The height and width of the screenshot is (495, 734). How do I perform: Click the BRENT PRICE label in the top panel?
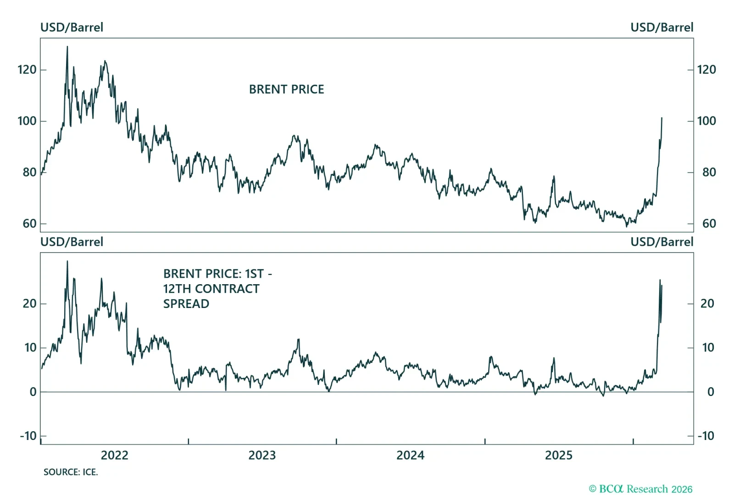click(x=286, y=89)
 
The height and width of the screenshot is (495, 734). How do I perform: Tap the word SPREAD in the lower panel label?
click(x=186, y=304)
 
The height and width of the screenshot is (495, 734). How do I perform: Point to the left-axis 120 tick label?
click(x=27, y=70)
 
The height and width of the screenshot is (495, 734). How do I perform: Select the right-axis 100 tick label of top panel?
click(x=706, y=121)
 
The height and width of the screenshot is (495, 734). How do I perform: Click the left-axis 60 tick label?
click(x=29, y=224)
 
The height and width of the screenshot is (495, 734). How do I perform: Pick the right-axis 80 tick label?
click(x=709, y=172)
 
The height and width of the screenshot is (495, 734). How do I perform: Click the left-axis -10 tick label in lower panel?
click(x=28, y=436)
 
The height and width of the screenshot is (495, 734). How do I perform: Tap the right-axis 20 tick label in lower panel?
click(x=707, y=303)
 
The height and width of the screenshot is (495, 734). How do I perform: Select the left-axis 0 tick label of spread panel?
click(x=33, y=392)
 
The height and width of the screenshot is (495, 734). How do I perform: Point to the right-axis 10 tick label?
click(x=708, y=347)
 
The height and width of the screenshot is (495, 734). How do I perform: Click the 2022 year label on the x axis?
click(x=114, y=455)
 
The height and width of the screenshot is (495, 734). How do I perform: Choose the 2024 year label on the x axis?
click(x=410, y=455)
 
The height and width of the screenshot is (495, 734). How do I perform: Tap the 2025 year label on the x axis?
click(x=558, y=455)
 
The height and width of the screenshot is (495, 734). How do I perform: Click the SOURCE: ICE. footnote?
click(x=71, y=472)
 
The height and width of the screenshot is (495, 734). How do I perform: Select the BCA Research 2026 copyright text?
click(x=640, y=489)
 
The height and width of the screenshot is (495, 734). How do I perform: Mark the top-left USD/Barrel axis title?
click(x=72, y=27)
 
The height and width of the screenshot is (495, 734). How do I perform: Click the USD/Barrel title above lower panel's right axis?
click(x=662, y=242)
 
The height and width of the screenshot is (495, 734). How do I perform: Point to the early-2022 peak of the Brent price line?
click(x=67, y=47)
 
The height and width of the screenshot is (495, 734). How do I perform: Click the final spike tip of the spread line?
click(x=660, y=280)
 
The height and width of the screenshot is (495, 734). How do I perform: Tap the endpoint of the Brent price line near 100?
click(x=662, y=118)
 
